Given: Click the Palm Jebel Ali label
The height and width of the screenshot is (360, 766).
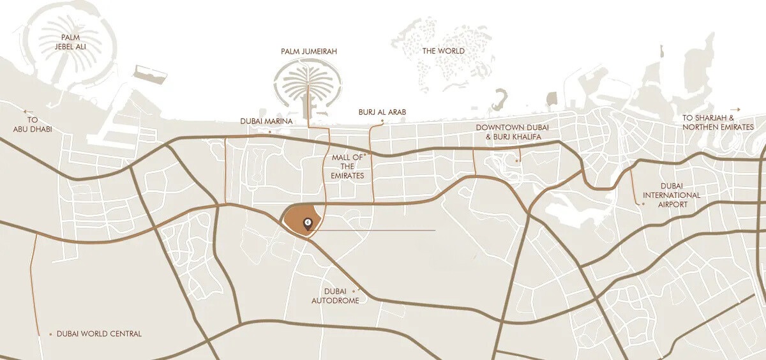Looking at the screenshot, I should pyautogui.click(x=70, y=42).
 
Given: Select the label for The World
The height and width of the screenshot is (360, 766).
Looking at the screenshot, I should pyautogui.click(x=443, y=51).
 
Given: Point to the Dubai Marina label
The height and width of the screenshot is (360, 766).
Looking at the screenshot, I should pyautogui.click(x=266, y=121).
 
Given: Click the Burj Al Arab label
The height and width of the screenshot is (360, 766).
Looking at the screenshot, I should pyautogui.click(x=382, y=112).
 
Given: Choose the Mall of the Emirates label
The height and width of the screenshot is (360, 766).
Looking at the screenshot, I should pyautogui.click(x=347, y=166).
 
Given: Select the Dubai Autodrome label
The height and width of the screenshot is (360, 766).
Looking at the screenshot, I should pyautogui.click(x=335, y=296).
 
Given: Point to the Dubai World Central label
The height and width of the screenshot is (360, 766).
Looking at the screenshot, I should pyautogui.click(x=99, y=334).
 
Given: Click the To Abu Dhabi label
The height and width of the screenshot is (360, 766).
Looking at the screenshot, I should pyautogui.click(x=33, y=124).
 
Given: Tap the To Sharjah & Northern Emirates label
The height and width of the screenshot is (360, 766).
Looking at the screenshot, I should pyautogui.click(x=717, y=123).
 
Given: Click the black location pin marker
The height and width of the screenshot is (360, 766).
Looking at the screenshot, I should pyautogui.click(x=308, y=223).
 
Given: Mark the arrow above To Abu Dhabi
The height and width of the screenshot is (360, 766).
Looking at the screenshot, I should pyautogui.click(x=29, y=110).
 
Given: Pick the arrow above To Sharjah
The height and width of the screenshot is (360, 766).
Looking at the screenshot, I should pyautogui.click(x=735, y=110).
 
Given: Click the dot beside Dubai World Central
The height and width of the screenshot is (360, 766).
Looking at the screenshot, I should pyautogui.click(x=50, y=334).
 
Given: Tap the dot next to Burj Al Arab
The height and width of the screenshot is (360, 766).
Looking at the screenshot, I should pyautogui.click(x=382, y=120).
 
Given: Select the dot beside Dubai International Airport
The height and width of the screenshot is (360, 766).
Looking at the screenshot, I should pyautogui.click(x=643, y=204).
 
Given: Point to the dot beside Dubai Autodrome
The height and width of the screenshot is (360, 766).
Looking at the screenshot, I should pyautogui.click(x=353, y=291).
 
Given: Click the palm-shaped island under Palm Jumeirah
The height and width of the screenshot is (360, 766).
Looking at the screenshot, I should pyautogui.click(x=309, y=84).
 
